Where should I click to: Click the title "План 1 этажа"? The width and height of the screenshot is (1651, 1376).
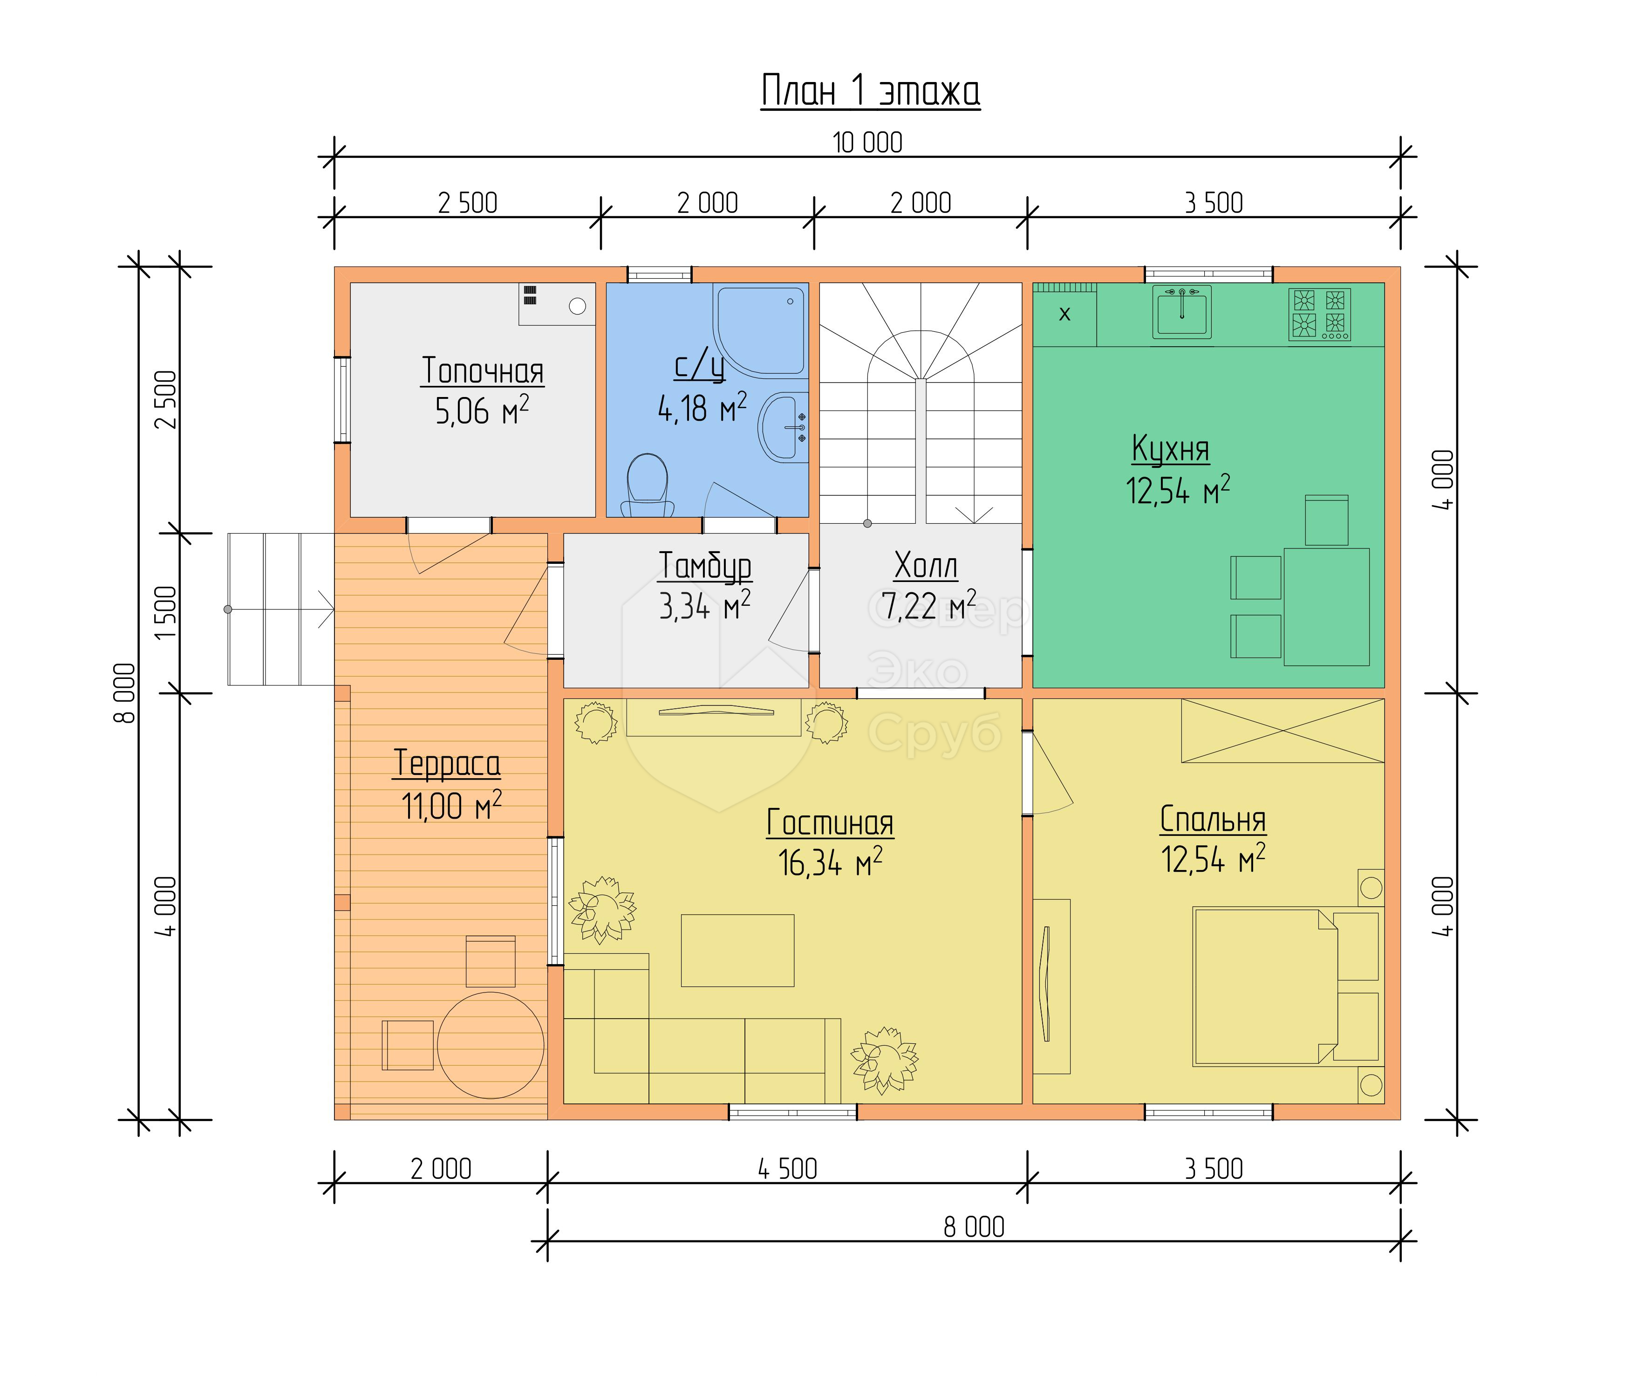(x=870, y=91)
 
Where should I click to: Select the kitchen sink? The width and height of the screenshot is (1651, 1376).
(x=1181, y=312)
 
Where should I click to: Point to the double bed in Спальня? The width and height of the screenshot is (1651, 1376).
(x=1265, y=987)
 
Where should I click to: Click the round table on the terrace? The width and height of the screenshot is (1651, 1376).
(x=491, y=1045)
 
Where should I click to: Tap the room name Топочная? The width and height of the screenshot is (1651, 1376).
(x=483, y=370)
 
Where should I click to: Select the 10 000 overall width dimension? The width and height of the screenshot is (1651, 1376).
(x=867, y=143)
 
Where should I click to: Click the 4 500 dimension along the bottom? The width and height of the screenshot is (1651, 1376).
(x=787, y=1169)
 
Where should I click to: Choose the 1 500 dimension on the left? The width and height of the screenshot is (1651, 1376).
(x=166, y=613)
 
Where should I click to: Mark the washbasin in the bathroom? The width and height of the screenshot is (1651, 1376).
(x=783, y=427)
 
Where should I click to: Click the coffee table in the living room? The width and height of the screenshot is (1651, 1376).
(x=737, y=950)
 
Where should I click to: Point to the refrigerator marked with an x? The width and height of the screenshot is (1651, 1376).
(x=1064, y=315)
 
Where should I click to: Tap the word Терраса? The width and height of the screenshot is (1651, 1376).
(x=447, y=763)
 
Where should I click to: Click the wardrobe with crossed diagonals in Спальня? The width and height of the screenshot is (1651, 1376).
(x=1283, y=731)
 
